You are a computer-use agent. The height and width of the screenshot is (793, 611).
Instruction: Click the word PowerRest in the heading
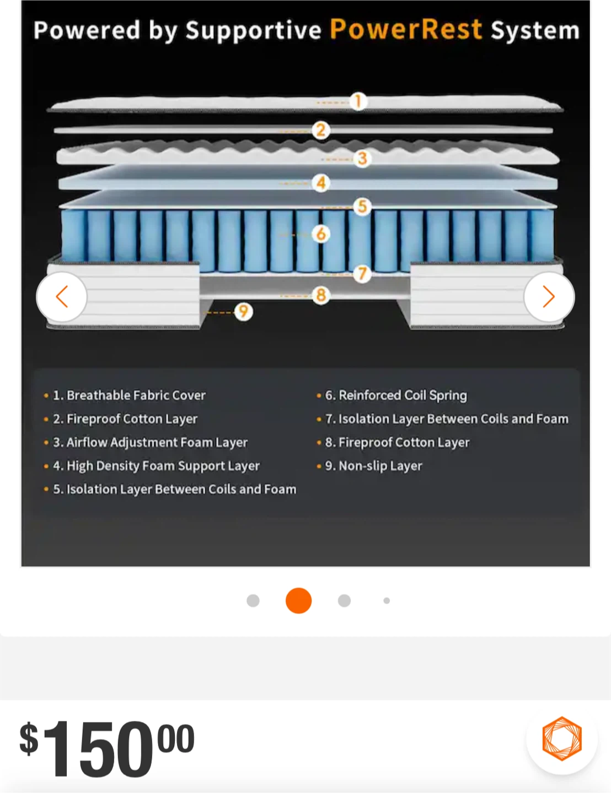[406, 29]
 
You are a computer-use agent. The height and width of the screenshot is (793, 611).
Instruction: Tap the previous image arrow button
[62, 297]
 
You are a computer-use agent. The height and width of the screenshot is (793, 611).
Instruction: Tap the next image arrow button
[549, 297]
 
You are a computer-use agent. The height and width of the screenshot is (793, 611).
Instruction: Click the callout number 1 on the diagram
[358, 101]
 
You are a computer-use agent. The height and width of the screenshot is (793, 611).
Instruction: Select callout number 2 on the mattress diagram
[321, 131]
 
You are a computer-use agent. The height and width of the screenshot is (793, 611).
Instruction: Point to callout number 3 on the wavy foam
[362, 159]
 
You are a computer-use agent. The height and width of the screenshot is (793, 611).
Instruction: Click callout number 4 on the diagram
[321, 183]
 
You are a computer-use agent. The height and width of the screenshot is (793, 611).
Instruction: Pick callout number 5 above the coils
[362, 207]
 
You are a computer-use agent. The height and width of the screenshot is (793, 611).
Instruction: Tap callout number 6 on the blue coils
[321, 234]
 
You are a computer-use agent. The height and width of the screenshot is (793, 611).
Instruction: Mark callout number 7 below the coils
[362, 273]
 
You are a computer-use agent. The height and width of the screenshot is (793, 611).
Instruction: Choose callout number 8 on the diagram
[321, 295]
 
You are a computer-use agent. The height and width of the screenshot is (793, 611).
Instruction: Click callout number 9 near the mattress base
[243, 312]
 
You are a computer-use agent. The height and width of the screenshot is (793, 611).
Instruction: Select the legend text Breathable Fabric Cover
[136, 395]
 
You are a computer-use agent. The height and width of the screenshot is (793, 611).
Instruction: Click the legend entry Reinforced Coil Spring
[403, 395]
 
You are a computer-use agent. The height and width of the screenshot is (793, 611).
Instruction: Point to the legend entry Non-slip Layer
[380, 466]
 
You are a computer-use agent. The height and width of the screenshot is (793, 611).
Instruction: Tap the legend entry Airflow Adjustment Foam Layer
[157, 442]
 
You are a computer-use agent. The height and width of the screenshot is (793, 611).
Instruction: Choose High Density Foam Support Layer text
[163, 466]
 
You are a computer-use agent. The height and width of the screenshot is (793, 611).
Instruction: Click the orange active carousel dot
[298, 600]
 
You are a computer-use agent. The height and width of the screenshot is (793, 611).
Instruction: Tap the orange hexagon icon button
[562, 738]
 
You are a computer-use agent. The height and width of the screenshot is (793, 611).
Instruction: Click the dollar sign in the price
[29, 738]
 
